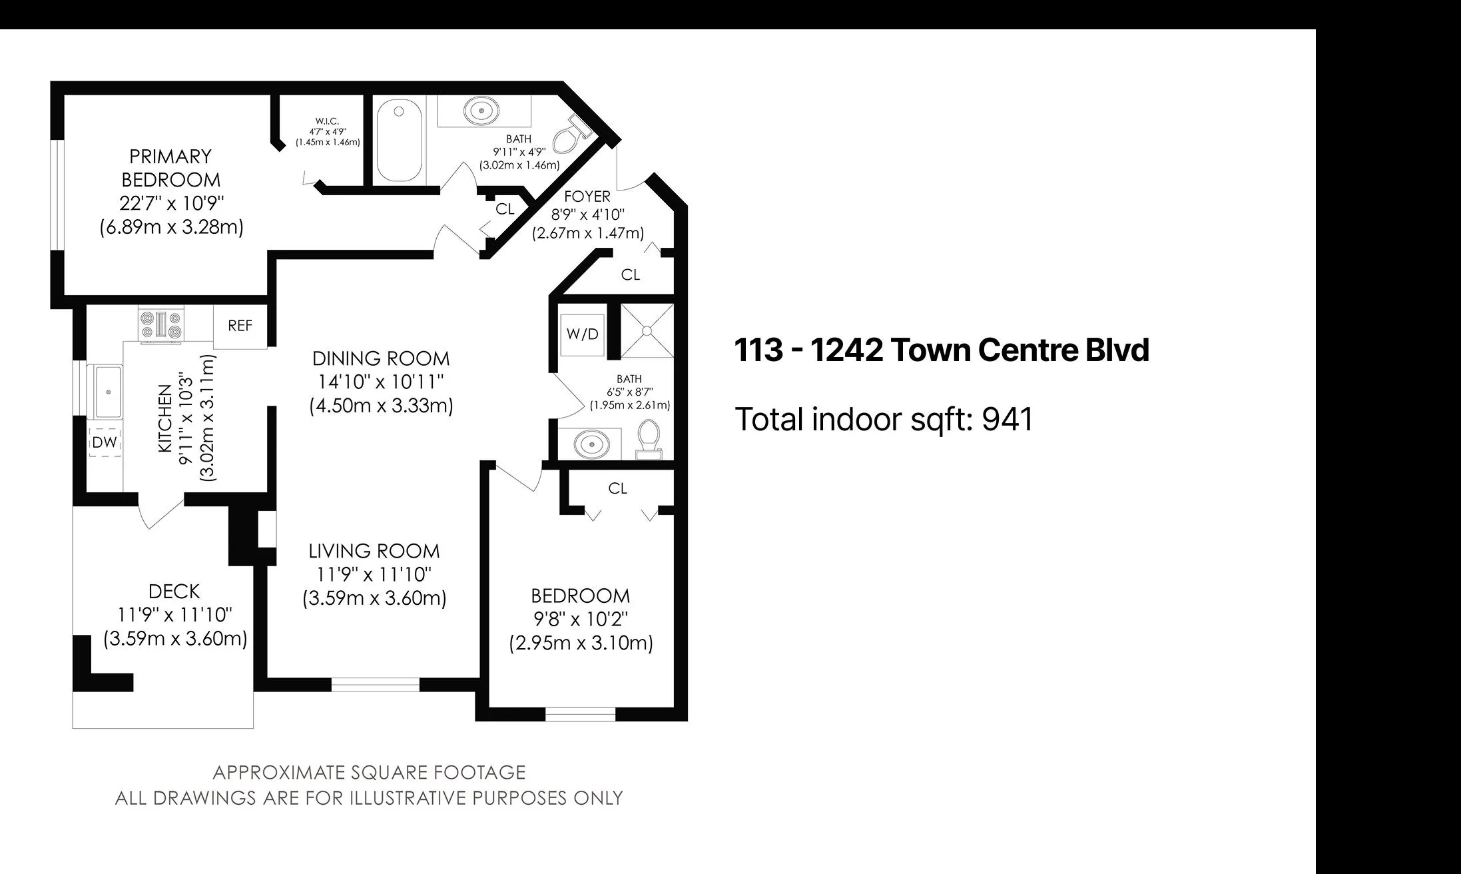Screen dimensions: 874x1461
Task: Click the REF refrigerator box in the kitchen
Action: [240, 326]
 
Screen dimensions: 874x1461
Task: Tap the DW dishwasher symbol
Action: [105, 442]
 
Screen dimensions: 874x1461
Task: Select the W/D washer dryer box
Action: [583, 334]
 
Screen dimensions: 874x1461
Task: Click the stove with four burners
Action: [160, 325]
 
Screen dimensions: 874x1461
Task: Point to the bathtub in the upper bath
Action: [401, 142]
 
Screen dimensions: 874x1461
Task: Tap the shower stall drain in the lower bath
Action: [646, 331]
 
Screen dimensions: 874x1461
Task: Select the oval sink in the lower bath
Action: [589, 443]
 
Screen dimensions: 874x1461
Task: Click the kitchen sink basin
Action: [106, 392]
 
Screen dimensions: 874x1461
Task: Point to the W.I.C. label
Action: [327, 121]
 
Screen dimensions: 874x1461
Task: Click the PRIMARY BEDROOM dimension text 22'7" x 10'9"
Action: [172, 203]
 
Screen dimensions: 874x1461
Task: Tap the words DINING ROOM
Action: [381, 358]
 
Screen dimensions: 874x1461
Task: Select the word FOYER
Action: [587, 197]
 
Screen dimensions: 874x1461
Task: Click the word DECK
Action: [174, 592]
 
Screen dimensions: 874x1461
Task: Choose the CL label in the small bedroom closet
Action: [617, 488]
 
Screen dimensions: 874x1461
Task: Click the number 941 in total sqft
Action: [1008, 420]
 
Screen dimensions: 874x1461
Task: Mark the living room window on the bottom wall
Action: [376, 683]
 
